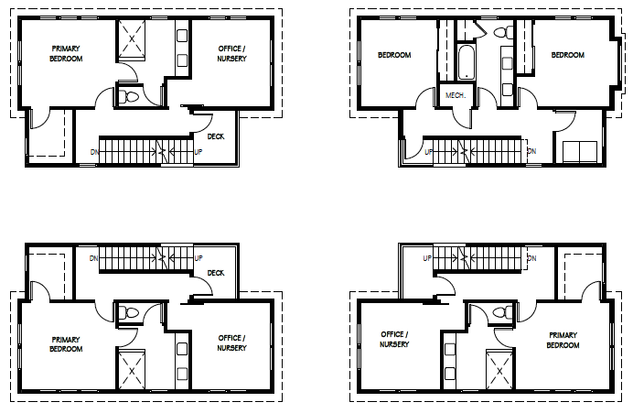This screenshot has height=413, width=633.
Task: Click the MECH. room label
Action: click(x=456, y=96)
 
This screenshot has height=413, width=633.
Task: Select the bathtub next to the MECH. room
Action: click(x=467, y=62)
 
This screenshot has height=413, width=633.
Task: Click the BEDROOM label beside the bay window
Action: click(x=568, y=55)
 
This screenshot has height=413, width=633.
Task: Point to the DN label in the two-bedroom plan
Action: click(x=531, y=151)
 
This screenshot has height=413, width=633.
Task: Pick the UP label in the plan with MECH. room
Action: click(x=428, y=152)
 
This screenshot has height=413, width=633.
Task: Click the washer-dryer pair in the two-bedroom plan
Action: click(x=580, y=151)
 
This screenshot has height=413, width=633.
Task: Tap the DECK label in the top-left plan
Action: click(x=216, y=136)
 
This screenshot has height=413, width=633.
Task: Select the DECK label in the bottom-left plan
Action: click(x=216, y=273)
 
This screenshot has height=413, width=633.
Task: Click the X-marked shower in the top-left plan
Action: click(x=132, y=39)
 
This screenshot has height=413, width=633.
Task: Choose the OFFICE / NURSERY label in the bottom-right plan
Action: click(x=394, y=340)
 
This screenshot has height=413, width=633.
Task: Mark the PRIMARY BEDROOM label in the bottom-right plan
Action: click(x=563, y=341)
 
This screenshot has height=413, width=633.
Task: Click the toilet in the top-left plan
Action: click(x=128, y=97)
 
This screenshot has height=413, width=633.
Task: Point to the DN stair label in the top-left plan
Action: click(x=94, y=152)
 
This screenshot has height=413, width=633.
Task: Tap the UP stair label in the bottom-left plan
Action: click(x=198, y=258)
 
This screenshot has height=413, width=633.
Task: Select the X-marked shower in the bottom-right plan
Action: click(x=499, y=370)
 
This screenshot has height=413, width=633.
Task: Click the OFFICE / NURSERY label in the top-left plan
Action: click(x=231, y=53)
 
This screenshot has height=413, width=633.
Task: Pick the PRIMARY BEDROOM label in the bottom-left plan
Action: click(x=66, y=344)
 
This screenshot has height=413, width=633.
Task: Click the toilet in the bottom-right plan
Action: click(x=502, y=312)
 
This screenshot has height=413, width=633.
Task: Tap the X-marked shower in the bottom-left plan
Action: click(x=132, y=370)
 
